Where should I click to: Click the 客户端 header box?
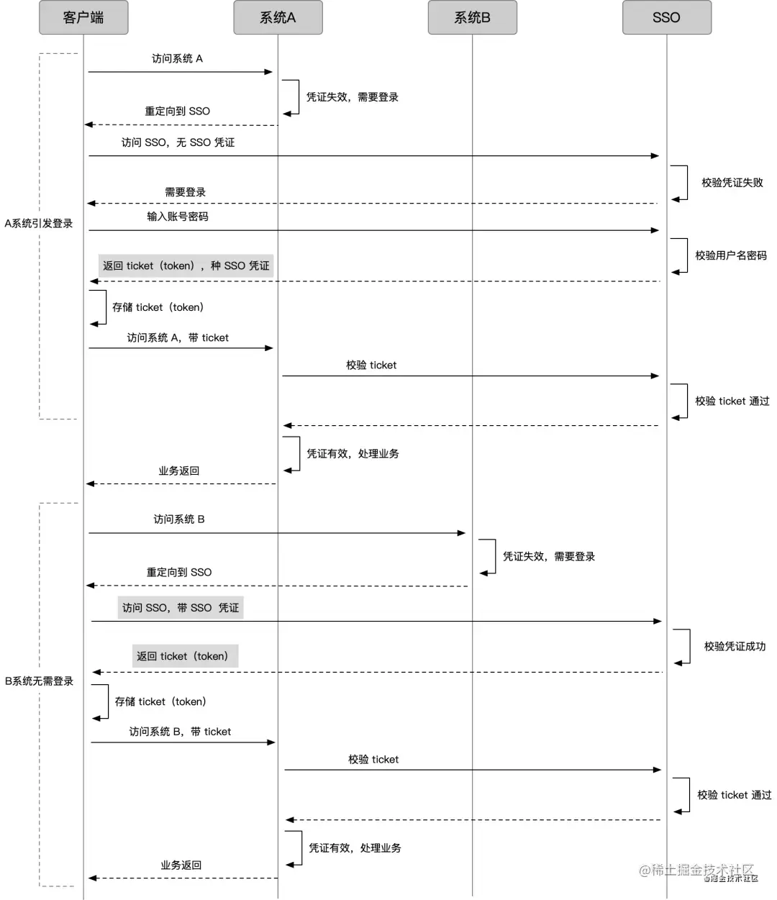click(x=83, y=17)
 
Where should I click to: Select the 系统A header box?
click(x=278, y=17)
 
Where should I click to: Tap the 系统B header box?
click(x=473, y=17)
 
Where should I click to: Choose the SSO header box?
click(x=667, y=17)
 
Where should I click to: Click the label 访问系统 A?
click(x=177, y=59)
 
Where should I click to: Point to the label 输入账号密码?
click(x=178, y=217)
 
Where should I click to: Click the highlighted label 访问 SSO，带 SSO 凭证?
click(x=181, y=608)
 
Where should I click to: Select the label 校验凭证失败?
click(x=732, y=183)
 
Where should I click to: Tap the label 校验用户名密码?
click(x=731, y=255)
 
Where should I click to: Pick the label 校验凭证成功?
click(x=735, y=646)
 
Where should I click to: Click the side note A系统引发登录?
click(x=38, y=223)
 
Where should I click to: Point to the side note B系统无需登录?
click(x=39, y=681)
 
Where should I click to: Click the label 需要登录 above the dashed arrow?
click(x=185, y=192)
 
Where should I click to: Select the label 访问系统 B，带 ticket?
click(x=180, y=732)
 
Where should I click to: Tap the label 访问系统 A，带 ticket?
click(x=178, y=337)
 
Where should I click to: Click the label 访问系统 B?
click(x=179, y=519)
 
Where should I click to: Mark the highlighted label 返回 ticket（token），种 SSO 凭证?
click(x=186, y=265)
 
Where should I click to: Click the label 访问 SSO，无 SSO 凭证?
click(x=178, y=142)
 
